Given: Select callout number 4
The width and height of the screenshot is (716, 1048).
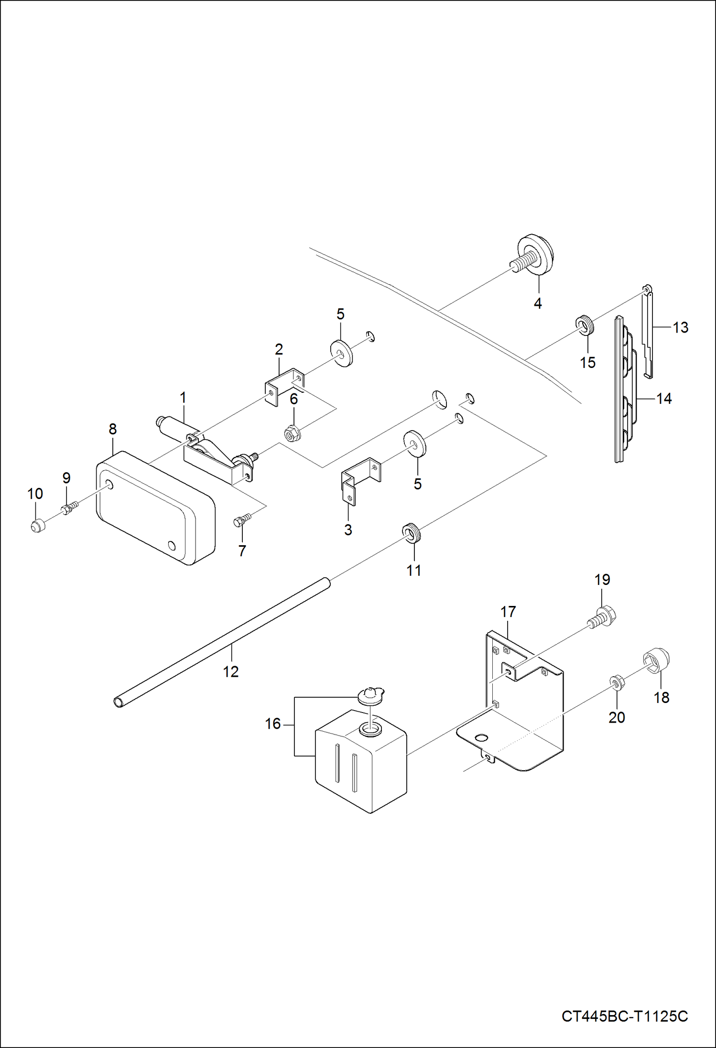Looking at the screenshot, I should pyautogui.click(x=538, y=303).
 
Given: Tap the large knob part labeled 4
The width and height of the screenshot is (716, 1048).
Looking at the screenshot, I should pyautogui.click(x=536, y=254).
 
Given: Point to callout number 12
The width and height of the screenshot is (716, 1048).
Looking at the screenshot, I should pyautogui.click(x=230, y=671).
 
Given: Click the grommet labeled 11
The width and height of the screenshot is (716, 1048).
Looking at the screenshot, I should pyautogui.click(x=411, y=532).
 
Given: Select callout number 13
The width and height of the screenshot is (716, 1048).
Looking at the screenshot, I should pyautogui.click(x=681, y=327).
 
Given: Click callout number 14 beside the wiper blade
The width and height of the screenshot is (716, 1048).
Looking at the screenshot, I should pyautogui.click(x=664, y=399).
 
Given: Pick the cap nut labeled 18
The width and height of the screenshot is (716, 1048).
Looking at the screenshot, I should pyautogui.click(x=660, y=661).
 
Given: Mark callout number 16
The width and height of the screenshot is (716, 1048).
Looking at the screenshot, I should pyautogui.click(x=273, y=724).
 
